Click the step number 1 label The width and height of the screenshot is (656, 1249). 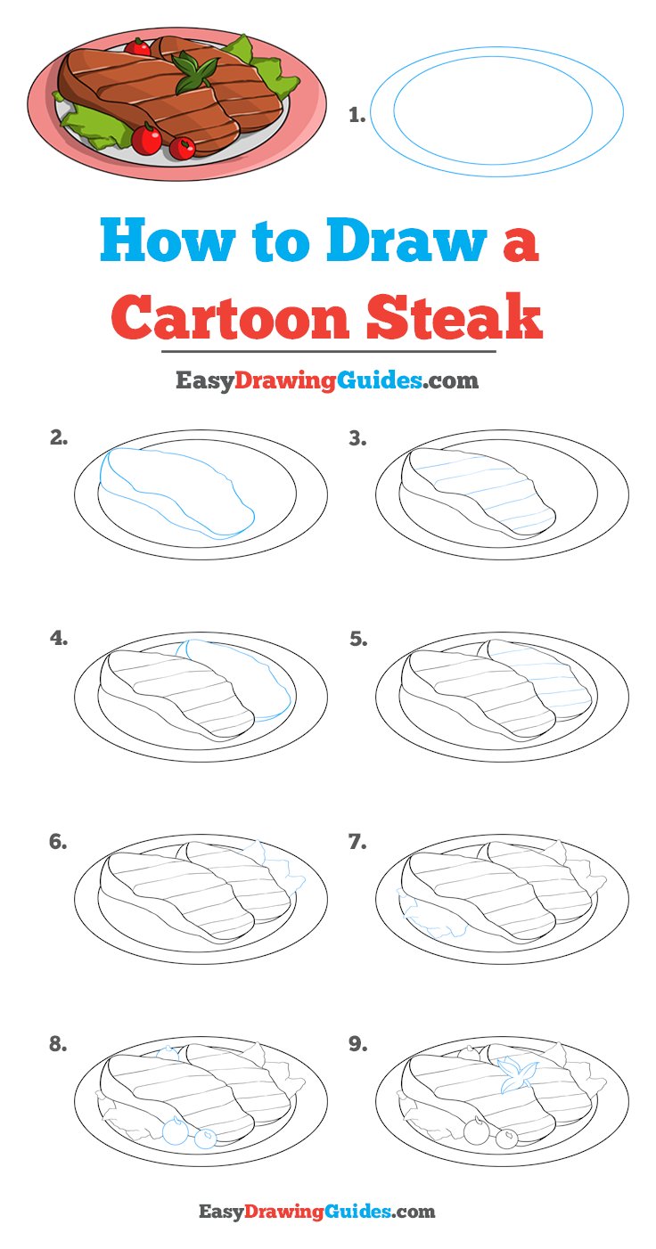point(357,116)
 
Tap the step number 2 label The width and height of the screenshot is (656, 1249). point(59,438)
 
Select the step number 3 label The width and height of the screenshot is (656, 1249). point(358,439)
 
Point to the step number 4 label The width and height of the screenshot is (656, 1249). point(59,639)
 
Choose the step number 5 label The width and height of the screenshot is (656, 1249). point(358,639)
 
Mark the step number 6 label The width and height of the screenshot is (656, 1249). point(58,841)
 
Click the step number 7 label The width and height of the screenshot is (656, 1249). point(357,842)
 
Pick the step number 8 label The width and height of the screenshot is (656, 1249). point(59,1044)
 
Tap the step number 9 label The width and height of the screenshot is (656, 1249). point(358,1044)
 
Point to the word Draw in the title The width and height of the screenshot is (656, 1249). point(406,241)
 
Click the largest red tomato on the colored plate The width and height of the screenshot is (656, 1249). point(147,138)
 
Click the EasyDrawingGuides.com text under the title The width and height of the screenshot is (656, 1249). point(327,380)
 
